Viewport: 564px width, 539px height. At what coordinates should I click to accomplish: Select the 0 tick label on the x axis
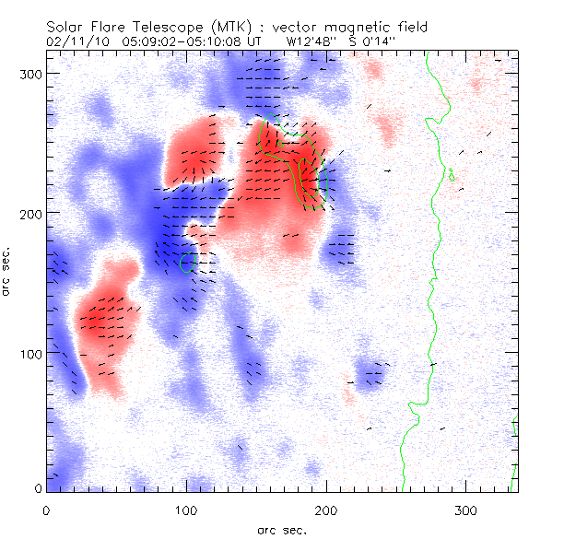coord(45,510)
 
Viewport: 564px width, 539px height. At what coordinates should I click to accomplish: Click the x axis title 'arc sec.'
coord(282,529)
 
